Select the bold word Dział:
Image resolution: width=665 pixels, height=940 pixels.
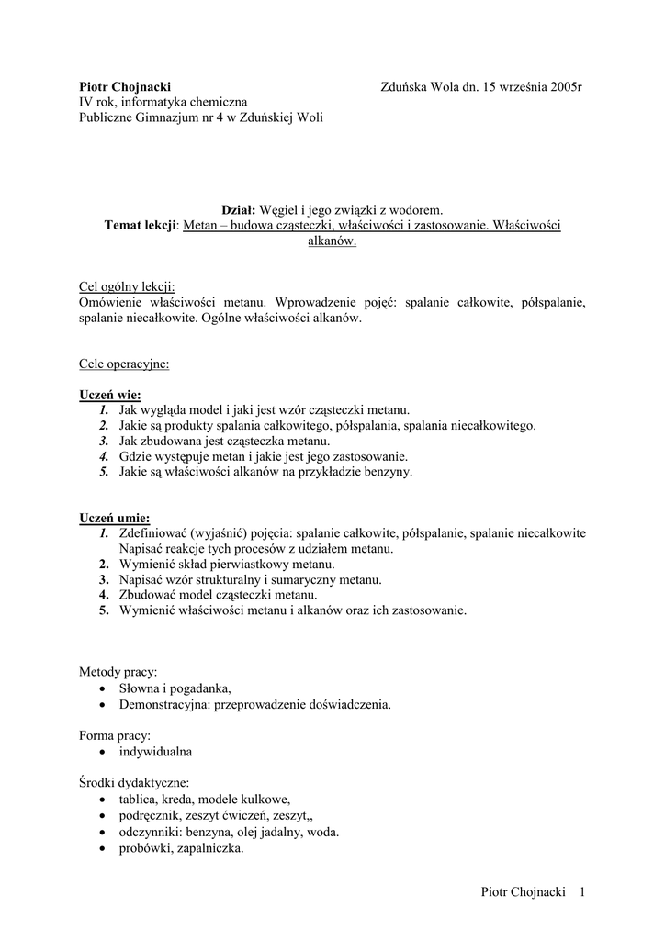[241, 210]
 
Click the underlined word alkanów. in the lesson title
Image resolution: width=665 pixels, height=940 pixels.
[332, 241]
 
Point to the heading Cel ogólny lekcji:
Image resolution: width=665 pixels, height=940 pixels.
[127, 286]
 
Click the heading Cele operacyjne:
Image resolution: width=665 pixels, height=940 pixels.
[124, 364]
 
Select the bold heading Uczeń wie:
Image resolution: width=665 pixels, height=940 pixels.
[110, 395]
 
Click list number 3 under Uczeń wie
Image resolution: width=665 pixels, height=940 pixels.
[105, 442]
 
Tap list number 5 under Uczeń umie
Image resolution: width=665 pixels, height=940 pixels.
[105, 610]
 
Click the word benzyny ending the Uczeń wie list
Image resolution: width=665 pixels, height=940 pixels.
[389, 473]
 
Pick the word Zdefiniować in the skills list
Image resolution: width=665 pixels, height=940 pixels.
[152, 533]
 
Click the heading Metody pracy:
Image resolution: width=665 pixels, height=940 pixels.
[118, 672]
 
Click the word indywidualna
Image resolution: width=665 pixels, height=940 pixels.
[155, 751]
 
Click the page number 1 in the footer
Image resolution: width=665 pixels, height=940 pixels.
[582, 892]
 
